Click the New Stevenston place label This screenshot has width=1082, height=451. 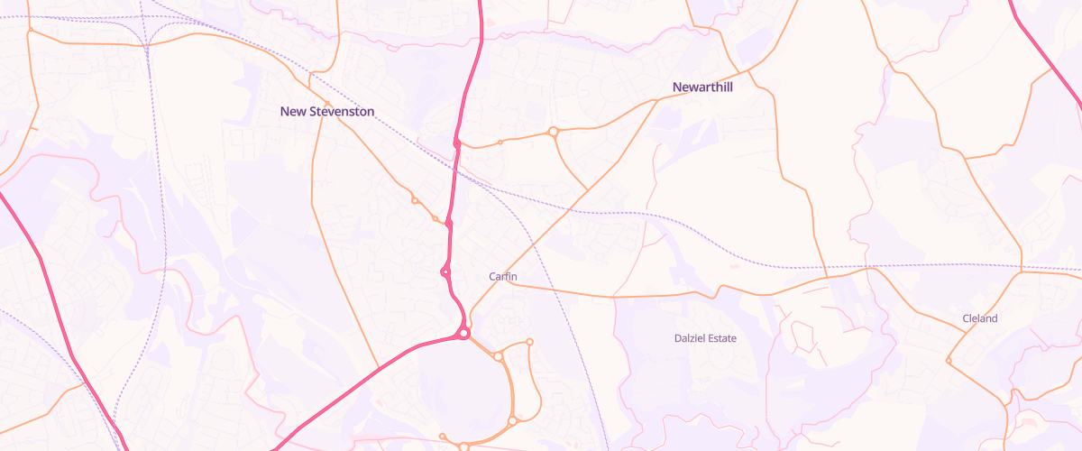coord(326,111)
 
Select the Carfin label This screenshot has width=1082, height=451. coord(502,276)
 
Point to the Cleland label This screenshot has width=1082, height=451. coord(980,318)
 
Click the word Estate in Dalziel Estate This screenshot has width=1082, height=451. coord(721,338)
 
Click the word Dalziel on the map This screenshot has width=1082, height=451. coord(690,338)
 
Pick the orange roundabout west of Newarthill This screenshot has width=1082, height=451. coord(554,133)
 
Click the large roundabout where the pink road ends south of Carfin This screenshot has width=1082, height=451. coord(463,334)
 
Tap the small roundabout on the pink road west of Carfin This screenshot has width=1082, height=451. coord(445,272)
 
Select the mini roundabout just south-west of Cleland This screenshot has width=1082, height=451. coord(949,361)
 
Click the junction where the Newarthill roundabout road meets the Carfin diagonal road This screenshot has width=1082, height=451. coord(588,189)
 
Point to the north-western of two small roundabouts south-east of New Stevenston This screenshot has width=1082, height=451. coord(415,200)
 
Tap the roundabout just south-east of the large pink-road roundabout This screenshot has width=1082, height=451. coord(498,357)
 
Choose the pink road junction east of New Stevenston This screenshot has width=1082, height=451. coord(457,143)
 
